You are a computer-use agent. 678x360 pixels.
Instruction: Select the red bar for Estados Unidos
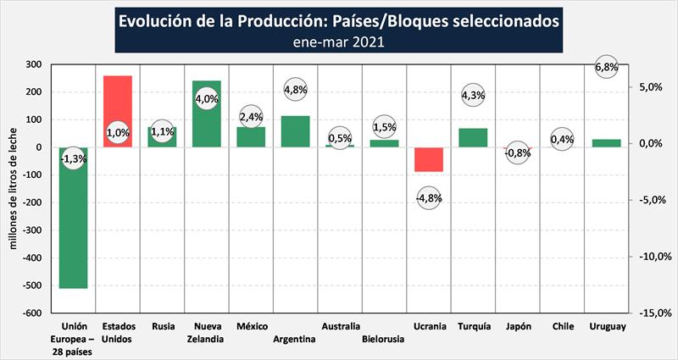[118, 102]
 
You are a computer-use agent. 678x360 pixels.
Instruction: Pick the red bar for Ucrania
[428, 159]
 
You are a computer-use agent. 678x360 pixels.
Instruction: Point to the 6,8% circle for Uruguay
[606, 67]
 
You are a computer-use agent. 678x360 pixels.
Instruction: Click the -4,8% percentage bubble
[429, 198]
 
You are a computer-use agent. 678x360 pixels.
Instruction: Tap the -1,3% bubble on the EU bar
[74, 158]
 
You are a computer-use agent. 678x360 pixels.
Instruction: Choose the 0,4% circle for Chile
[562, 140]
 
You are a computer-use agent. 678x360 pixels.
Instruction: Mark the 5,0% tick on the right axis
[651, 87]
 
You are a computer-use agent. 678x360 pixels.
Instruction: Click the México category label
[252, 326]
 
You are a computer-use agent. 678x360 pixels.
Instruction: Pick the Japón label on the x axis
[517, 326]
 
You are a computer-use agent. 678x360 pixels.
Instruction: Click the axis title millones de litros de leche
[14, 188]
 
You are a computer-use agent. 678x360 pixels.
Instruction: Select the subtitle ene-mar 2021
[338, 41]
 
